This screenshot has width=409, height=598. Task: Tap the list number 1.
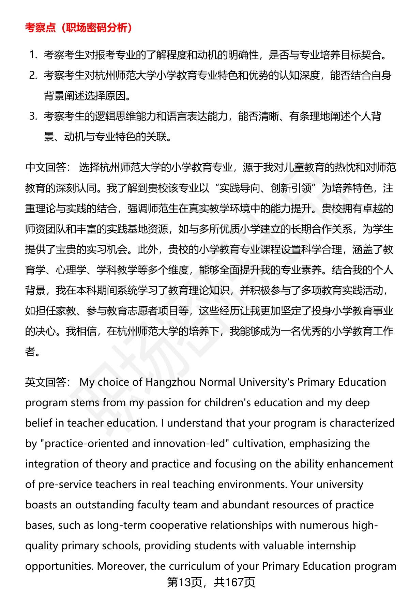point(33,55)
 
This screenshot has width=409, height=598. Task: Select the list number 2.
point(33,75)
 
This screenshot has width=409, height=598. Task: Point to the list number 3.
point(33,116)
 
